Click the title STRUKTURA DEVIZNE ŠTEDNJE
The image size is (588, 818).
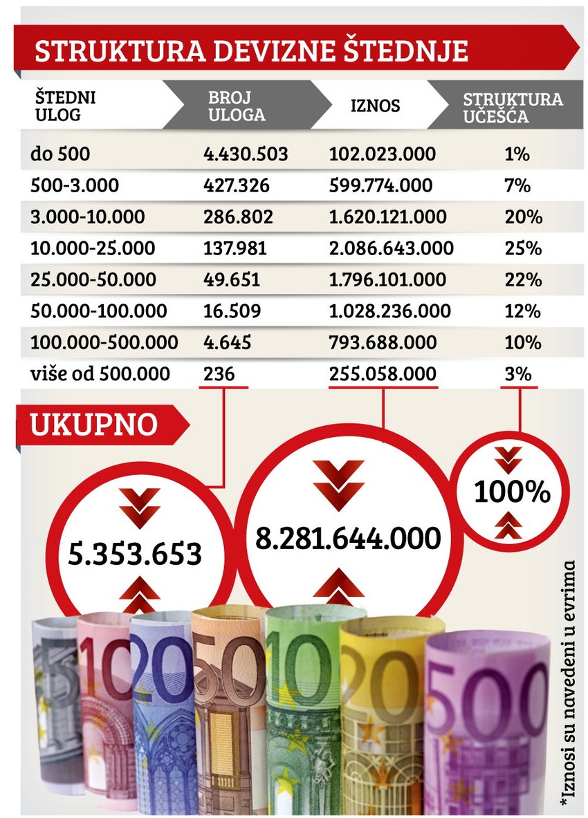[x=251, y=53]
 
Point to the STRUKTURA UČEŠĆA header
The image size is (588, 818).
[x=513, y=107]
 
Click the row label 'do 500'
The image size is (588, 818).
[x=59, y=154]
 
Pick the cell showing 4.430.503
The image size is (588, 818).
[x=246, y=154]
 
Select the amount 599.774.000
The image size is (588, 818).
[x=381, y=185]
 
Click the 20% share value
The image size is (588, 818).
[x=522, y=216]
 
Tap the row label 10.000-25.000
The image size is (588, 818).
[x=93, y=248]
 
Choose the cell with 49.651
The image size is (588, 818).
[x=232, y=279]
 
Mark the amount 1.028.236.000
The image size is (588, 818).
[x=390, y=311]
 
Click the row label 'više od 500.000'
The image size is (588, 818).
[x=100, y=374]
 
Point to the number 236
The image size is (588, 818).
[x=219, y=374]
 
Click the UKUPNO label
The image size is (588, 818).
[x=93, y=425]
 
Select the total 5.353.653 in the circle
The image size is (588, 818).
[x=135, y=553]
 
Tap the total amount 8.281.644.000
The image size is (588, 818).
[x=348, y=538]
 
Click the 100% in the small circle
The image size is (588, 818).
[x=512, y=493]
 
